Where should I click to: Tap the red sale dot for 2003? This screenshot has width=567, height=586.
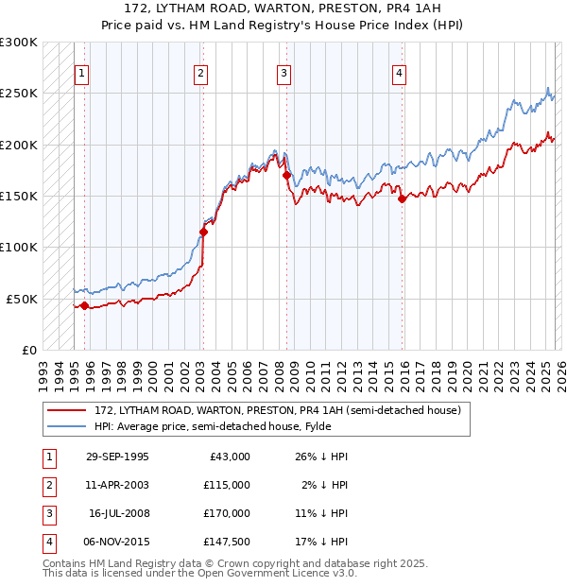coord(203,232)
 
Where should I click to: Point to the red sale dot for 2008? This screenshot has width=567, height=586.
coord(285,175)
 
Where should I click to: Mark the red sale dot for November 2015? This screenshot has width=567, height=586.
coord(402,198)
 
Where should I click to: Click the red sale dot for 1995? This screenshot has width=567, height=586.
coord(84,305)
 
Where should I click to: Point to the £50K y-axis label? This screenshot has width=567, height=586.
coord(22,299)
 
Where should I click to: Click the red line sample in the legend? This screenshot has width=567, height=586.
coord(67,411)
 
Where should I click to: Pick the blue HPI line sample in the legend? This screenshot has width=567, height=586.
coord(67,426)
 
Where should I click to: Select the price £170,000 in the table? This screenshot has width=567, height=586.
coord(226,513)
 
